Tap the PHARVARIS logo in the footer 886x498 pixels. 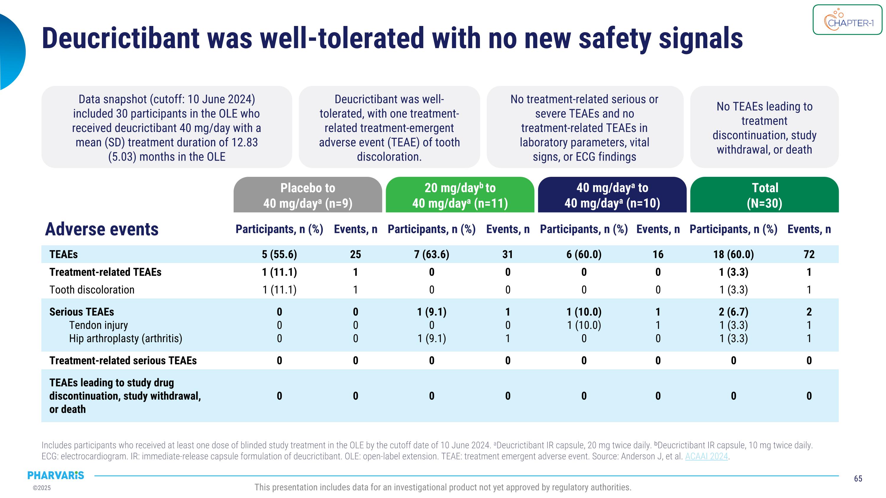56,475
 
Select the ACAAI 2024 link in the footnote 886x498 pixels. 706,456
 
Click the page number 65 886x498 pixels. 858,479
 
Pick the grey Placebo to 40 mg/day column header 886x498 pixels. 307,195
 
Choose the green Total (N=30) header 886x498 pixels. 764,195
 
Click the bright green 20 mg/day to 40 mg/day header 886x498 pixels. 460,195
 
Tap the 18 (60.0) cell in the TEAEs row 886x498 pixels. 733,254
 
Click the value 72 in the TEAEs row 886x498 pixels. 809,254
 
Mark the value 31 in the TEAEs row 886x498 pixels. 508,254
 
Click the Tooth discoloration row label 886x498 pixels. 92,290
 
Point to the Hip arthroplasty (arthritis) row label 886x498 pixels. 126,339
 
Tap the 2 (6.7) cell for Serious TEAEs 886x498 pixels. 733,312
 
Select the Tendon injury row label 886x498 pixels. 98,325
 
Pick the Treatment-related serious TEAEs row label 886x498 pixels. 123,360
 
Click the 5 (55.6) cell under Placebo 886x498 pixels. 279,254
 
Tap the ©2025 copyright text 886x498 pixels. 42,488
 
